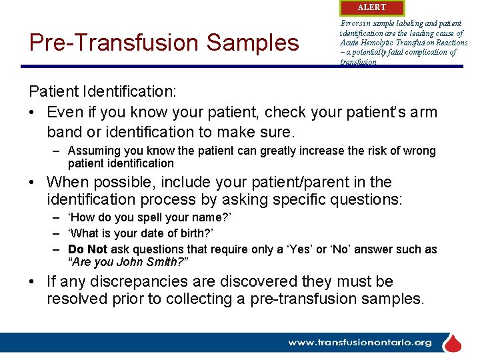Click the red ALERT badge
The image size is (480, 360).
[371, 7]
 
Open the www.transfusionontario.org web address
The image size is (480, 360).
[360, 343]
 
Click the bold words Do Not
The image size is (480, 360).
[87, 249]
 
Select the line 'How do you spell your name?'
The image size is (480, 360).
[150, 217]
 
